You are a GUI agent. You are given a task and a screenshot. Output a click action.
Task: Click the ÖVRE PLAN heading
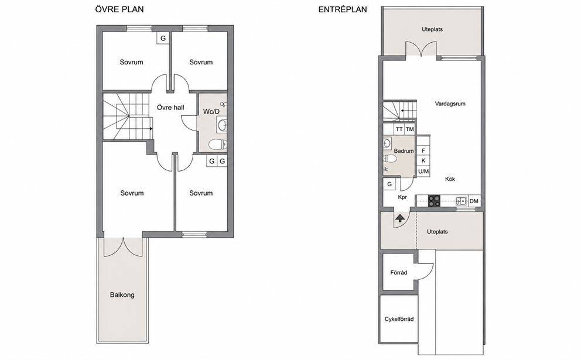pyautogui.click(x=119, y=9)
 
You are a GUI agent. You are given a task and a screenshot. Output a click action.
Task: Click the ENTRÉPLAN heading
pyautogui.click(x=343, y=9)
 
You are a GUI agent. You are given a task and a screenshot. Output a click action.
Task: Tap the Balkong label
pyautogui.click(x=122, y=295)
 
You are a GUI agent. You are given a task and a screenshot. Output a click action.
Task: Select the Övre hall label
pyautogui.click(x=170, y=107)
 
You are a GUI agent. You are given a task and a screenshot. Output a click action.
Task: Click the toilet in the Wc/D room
pyautogui.click(x=217, y=144)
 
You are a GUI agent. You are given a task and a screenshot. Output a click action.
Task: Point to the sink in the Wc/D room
pyautogui.click(x=223, y=124)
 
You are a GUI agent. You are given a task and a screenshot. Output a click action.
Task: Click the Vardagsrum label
pyautogui.click(x=450, y=104)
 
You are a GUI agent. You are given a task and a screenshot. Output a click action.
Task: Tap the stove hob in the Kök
pyautogui.click(x=435, y=201)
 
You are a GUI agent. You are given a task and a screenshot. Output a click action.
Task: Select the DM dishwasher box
pyautogui.click(x=474, y=201)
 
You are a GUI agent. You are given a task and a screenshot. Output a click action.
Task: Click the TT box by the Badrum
pyautogui.click(x=399, y=129)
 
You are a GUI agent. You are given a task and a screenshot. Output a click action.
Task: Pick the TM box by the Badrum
pyautogui.click(x=409, y=129)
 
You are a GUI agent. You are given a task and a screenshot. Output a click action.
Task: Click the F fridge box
pyautogui.click(x=423, y=150)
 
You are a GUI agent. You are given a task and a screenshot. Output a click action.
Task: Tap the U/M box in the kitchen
pyautogui.click(x=423, y=172)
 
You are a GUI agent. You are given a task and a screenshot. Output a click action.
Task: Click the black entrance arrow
pyautogui.click(x=400, y=218)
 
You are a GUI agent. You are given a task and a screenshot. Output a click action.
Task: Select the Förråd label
pyautogui.click(x=399, y=273)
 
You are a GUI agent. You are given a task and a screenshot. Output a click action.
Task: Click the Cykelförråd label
pyautogui.click(x=399, y=319)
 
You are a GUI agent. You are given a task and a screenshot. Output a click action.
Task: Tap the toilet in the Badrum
pyautogui.click(x=390, y=159)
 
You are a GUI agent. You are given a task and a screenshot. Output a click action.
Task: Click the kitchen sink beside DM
pyautogui.click(x=462, y=201)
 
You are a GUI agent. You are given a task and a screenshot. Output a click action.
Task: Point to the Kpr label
pyautogui.click(x=402, y=197)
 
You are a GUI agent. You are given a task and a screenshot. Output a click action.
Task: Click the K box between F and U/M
pyautogui.click(x=423, y=161)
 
